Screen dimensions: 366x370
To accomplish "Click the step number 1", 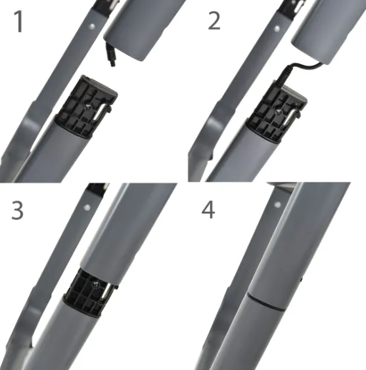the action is (x=18, y=22).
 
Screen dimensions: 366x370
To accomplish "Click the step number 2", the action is (x=214, y=21).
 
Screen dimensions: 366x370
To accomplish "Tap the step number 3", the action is (x=18, y=210).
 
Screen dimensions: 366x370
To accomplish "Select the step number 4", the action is (x=208, y=210).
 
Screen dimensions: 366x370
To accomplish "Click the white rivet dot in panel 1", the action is (x=92, y=26).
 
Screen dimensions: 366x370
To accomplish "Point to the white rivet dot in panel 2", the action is (x=277, y=29).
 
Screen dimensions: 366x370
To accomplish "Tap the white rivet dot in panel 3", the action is (x=87, y=208).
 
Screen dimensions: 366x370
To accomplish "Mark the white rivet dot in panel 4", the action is (x=277, y=204).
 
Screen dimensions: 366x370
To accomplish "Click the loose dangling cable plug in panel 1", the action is (x=110, y=55).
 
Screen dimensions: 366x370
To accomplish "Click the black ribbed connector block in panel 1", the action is (x=85, y=107).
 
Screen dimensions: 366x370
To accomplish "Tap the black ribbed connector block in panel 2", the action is (x=276, y=112).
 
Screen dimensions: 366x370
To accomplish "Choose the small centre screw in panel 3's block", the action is (x=96, y=284).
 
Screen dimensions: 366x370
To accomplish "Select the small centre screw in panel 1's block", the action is (x=87, y=107).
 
